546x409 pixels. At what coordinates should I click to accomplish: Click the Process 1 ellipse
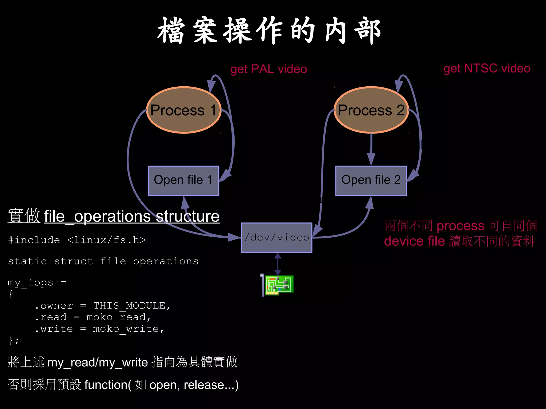click(184, 110)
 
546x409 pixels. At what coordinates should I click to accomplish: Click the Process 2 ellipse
click(371, 110)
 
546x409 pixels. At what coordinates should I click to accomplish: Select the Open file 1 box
click(183, 180)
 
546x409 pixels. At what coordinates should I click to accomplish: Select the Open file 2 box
click(371, 180)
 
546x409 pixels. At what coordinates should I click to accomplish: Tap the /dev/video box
click(276, 237)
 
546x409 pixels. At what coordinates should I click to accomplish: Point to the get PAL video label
click(268, 69)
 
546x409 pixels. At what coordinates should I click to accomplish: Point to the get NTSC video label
click(487, 68)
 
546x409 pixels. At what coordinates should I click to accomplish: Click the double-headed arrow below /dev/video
click(278, 264)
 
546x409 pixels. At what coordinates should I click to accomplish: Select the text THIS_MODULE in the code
click(129, 306)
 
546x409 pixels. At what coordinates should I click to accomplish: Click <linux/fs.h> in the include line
click(106, 240)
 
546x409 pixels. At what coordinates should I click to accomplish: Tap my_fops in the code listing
click(30, 282)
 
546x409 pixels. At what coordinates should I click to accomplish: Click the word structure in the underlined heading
click(188, 216)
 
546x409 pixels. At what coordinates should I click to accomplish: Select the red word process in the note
click(460, 226)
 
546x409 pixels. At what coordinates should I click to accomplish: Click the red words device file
click(414, 241)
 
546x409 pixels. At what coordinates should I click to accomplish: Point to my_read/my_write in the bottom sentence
click(98, 363)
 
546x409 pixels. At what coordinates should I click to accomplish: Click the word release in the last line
click(204, 385)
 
